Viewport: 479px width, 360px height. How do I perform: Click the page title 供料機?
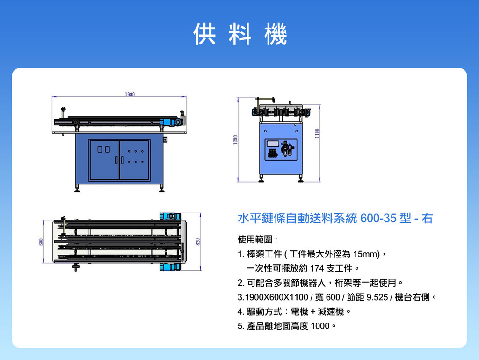[240, 34]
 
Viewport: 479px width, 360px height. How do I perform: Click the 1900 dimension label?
[130, 94]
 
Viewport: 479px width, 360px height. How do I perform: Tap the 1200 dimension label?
[235, 140]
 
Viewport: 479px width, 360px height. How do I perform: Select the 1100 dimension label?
[317, 133]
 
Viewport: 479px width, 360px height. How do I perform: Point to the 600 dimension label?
[41, 242]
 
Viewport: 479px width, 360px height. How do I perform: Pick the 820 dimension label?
[198, 242]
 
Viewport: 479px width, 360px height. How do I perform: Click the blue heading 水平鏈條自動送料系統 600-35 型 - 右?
[335, 218]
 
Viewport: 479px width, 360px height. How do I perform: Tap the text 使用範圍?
[255, 240]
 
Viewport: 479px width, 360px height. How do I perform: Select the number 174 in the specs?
[317, 268]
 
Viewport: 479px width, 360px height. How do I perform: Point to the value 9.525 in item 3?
[377, 297]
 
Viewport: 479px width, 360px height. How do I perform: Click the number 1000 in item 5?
[320, 326]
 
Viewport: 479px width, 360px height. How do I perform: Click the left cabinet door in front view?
[104, 160]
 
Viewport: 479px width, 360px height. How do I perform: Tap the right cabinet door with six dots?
[134, 160]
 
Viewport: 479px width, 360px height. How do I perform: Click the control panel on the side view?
[281, 149]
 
